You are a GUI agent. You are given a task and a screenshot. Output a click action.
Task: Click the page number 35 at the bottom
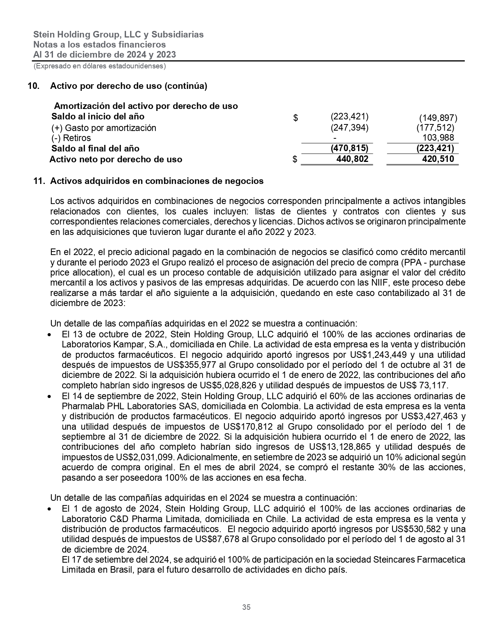pos(246,607)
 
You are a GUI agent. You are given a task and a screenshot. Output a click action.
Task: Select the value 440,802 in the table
pos(352,159)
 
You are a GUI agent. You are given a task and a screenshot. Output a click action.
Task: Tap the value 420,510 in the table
pos(438,159)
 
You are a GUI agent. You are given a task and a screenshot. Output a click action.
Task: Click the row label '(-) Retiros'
pos(71,138)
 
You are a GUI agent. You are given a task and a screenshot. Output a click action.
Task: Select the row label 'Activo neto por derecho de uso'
pos(116,159)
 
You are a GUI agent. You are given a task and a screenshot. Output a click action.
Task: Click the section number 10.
pos(33,86)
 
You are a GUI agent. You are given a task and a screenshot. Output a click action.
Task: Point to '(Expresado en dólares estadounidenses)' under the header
pos(100,66)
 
